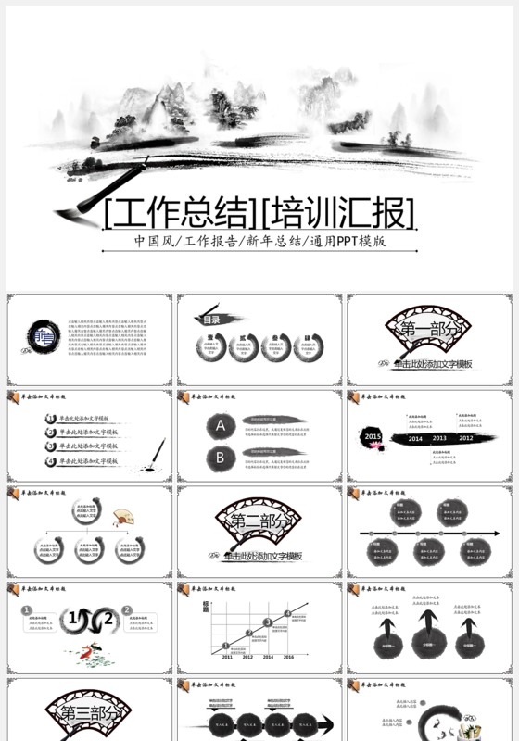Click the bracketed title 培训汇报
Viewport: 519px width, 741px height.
click(338, 214)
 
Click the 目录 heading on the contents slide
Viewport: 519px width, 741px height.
click(212, 320)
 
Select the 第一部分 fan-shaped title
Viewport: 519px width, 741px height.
click(429, 330)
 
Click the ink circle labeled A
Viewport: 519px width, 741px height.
click(220, 426)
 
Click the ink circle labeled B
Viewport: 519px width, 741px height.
click(220, 456)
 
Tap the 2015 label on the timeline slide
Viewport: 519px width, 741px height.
click(373, 435)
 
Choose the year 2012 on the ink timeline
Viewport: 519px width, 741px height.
click(465, 438)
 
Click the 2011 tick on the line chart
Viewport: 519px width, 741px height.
click(227, 656)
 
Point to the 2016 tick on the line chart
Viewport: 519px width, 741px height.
click(288, 656)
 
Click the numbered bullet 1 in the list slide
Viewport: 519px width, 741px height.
click(51, 419)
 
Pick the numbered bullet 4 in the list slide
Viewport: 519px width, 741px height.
click(51, 460)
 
